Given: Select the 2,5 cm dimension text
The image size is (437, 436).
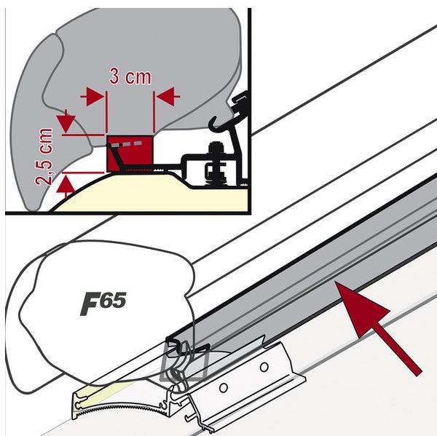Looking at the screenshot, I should coord(45,156).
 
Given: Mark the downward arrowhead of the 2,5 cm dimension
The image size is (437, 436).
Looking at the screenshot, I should coord(66,119).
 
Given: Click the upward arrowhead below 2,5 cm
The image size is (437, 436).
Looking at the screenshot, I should coord(66,186).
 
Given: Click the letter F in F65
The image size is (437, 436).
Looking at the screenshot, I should coord(90,304).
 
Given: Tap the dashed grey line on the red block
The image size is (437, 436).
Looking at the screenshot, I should coord(129,145).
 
